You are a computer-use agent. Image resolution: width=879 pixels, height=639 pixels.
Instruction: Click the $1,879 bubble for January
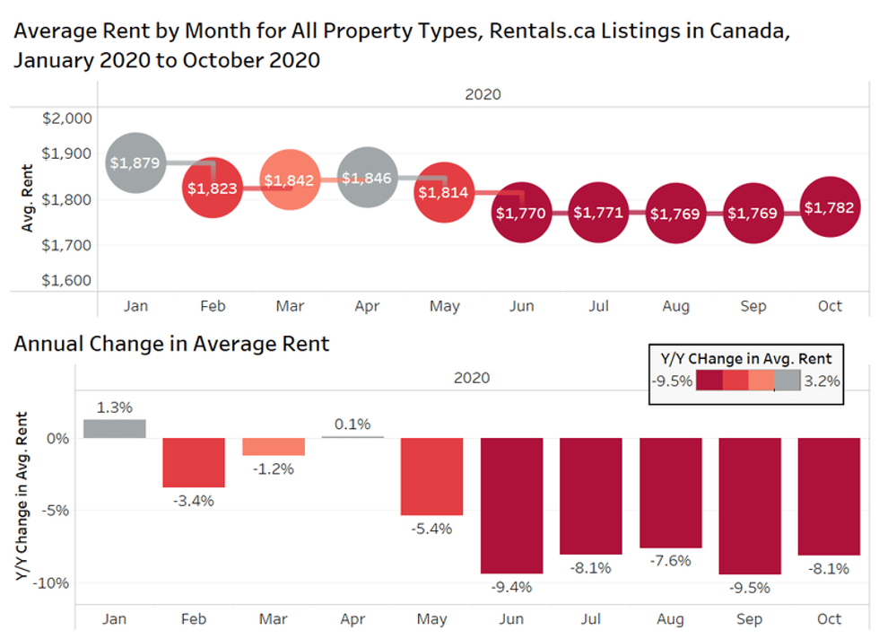click(x=135, y=162)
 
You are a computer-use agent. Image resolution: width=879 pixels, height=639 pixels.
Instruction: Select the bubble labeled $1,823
click(x=213, y=188)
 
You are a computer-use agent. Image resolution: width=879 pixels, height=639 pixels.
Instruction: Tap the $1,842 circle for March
click(x=290, y=179)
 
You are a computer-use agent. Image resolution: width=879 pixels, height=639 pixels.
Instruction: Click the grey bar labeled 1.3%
click(x=115, y=428)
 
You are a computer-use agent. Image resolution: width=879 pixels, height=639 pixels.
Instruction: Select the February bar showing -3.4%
click(x=194, y=462)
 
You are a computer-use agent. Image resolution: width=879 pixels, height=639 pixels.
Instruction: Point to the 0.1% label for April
click(x=352, y=424)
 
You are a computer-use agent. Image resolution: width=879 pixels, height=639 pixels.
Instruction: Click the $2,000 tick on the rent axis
click(x=67, y=118)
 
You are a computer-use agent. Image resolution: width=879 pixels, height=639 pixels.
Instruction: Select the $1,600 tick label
click(x=67, y=279)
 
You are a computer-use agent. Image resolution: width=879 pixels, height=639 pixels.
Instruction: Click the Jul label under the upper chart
click(x=598, y=306)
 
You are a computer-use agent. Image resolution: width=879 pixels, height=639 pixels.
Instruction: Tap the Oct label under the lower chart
click(x=830, y=618)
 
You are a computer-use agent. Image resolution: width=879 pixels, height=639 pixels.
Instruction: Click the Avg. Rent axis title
click(x=27, y=198)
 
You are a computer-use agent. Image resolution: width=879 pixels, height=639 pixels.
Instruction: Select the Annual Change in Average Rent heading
click(x=171, y=344)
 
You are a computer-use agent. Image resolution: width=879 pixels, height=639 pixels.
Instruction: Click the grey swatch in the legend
click(x=788, y=381)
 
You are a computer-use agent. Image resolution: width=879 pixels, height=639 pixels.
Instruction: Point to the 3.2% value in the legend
click(x=822, y=381)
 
